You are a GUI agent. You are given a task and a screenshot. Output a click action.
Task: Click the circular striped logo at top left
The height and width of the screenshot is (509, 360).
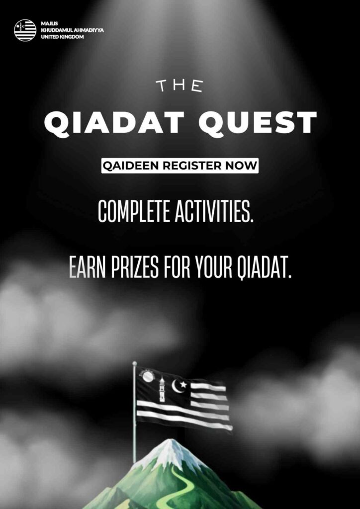pyautogui.click(x=25, y=30)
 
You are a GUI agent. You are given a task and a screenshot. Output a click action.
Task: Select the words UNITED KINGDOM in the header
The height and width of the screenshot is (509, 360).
pyautogui.click(x=62, y=37)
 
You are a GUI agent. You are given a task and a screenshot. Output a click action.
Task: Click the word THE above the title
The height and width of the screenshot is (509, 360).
pyautogui.click(x=179, y=86)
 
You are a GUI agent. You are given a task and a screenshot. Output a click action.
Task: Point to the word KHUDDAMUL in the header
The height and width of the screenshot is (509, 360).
pyautogui.click(x=57, y=30)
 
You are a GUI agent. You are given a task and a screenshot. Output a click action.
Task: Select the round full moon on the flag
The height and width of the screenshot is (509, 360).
pyautogui.click(x=148, y=377)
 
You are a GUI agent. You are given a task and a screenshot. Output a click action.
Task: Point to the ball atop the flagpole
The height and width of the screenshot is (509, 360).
pyautogui.click(x=135, y=363)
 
